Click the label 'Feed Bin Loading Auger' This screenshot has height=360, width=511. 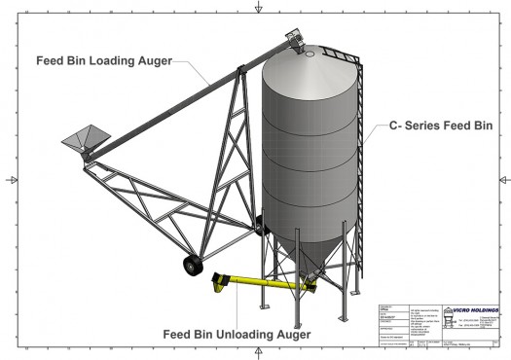point(104,60)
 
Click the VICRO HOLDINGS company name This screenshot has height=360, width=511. point(474,311)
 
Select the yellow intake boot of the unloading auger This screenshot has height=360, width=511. point(221,283)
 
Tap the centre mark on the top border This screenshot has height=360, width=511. point(257,8)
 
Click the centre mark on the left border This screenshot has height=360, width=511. point(10,180)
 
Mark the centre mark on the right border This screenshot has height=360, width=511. point(503,180)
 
